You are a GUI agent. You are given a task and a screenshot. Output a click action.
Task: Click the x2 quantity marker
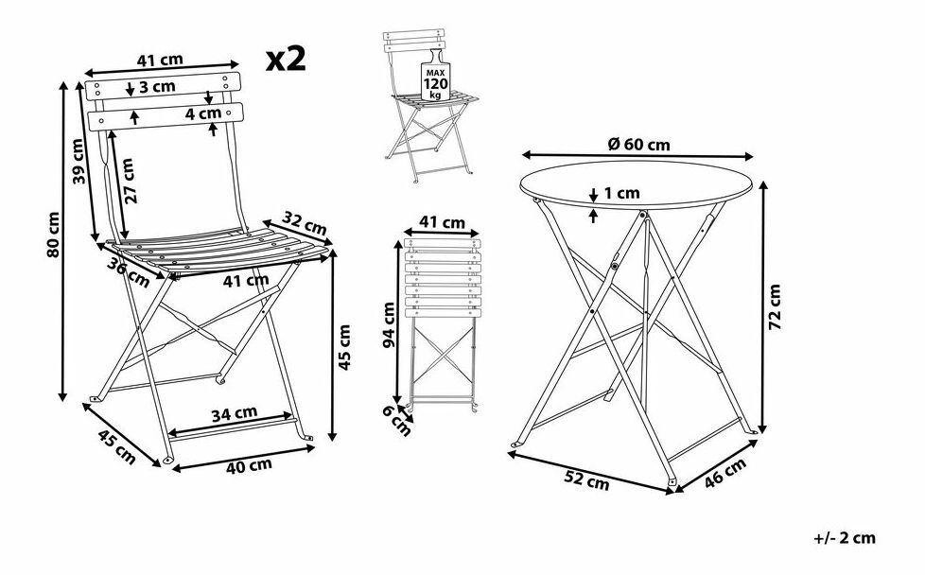(286, 60)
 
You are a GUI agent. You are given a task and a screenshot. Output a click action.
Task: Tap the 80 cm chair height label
(54, 235)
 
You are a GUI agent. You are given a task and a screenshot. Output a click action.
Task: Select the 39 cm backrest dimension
(80, 162)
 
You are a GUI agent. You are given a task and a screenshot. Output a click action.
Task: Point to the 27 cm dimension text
(130, 181)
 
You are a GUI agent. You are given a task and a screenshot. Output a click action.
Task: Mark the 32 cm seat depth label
(305, 227)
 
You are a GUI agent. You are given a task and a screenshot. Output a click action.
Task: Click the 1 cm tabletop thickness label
(620, 193)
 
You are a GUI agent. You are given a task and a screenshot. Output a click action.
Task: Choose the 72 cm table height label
(776, 306)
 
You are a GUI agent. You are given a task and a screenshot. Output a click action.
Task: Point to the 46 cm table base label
(726, 474)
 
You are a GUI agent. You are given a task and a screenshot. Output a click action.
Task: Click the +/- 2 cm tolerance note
(844, 538)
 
